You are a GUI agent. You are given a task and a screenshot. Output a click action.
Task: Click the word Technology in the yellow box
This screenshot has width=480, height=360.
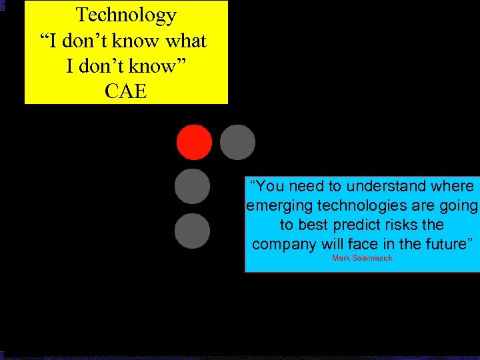(x=126, y=15)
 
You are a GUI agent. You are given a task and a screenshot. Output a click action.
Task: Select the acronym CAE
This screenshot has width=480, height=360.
(x=126, y=91)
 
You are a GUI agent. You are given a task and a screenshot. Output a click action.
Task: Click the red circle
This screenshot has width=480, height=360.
(x=194, y=142)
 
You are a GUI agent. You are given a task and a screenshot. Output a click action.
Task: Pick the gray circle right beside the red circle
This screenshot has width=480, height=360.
(x=237, y=142)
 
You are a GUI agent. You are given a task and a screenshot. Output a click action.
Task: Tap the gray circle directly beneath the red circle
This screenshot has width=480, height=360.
(x=192, y=187)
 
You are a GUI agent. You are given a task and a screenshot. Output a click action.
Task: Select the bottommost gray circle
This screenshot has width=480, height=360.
(x=192, y=231)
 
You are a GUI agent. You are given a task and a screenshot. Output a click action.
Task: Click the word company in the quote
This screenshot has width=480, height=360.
(x=284, y=244)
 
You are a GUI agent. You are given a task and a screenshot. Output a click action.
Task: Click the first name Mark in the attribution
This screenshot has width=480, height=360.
(x=340, y=258)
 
